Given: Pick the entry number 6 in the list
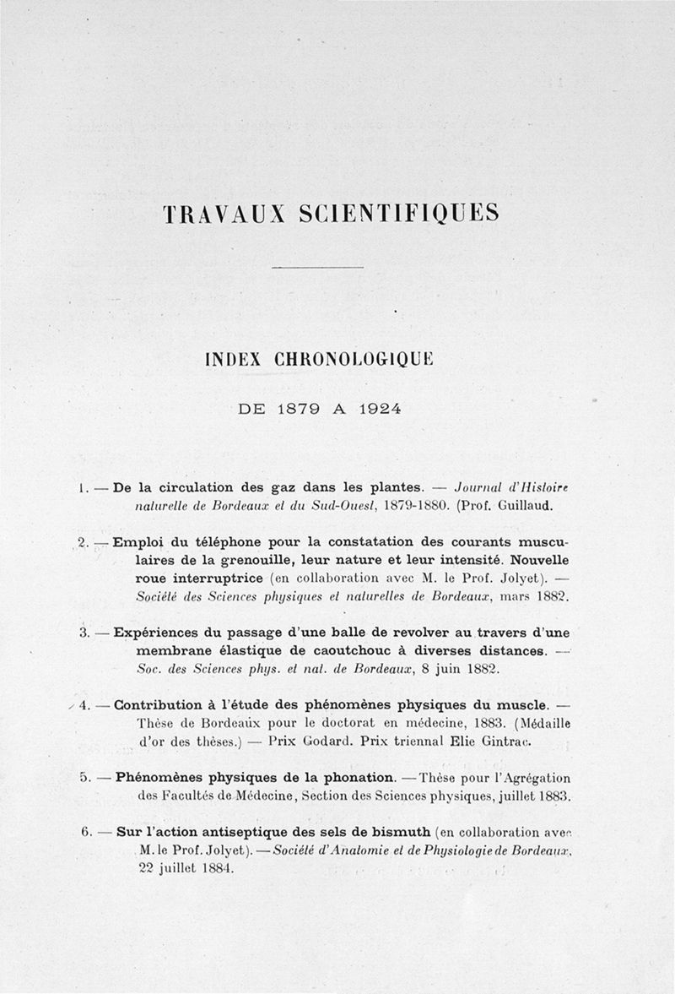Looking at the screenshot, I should click(86, 831).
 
